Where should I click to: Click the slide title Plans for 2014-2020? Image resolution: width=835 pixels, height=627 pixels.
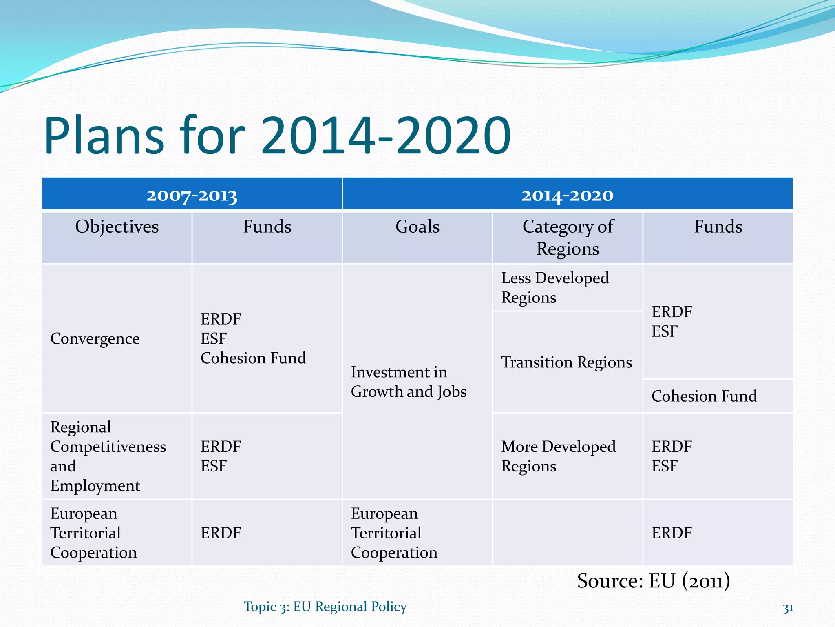(277, 136)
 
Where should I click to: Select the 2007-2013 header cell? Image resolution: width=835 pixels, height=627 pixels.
(192, 195)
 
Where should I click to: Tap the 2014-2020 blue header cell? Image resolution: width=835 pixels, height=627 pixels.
(567, 195)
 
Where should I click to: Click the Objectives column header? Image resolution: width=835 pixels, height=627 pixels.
(117, 227)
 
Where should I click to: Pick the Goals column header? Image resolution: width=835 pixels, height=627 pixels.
(417, 227)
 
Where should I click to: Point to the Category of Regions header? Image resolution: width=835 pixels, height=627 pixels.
(568, 238)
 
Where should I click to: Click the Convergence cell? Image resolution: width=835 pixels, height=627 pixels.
(95, 339)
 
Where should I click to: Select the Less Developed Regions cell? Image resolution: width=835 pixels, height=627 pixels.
(554, 288)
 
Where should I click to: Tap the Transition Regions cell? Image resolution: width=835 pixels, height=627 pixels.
(566, 362)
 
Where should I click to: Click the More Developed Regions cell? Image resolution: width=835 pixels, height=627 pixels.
(558, 456)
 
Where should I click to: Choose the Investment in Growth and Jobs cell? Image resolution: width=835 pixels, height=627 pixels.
(408, 382)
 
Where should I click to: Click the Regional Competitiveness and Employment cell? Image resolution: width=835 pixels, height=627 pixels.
(108, 456)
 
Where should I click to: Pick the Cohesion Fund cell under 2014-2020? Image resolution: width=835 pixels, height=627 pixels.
(704, 396)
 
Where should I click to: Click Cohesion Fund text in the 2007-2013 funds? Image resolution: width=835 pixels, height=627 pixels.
(253, 358)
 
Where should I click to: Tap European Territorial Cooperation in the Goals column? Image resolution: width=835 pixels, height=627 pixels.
(394, 533)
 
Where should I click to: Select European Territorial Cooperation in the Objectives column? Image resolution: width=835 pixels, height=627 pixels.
(93, 533)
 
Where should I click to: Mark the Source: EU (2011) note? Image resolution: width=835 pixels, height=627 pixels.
(653, 581)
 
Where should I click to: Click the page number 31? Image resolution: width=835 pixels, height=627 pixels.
(787, 608)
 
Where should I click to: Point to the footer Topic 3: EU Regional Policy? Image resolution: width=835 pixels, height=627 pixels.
(325, 607)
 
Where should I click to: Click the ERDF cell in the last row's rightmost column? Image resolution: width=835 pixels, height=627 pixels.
(672, 533)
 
